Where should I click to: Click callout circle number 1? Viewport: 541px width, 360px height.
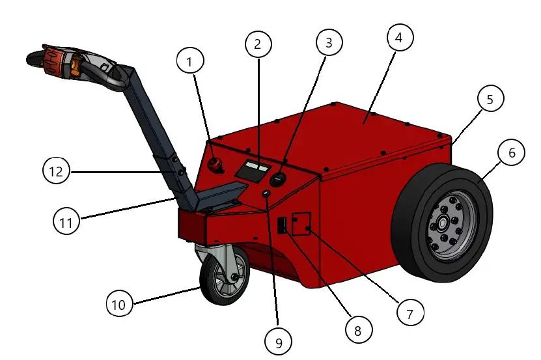point(190,62)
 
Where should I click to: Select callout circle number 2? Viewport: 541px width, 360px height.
point(258,44)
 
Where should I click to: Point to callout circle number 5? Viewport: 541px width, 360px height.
point(490,100)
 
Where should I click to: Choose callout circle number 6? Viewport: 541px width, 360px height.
point(511,153)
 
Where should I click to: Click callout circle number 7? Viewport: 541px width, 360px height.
point(409,313)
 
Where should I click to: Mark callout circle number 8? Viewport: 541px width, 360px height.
point(357,330)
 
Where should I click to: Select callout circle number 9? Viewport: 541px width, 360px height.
point(279,340)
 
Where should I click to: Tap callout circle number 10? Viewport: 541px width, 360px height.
point(120,303)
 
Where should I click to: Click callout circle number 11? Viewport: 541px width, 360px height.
point(66,221)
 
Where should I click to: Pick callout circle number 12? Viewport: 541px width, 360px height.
point(57,172)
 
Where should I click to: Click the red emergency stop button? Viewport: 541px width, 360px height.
point(215,163)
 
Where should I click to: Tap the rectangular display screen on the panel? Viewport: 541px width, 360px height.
point(253,171)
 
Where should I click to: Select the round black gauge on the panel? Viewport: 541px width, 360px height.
point(278,178)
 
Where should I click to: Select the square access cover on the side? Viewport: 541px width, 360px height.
point(301,225)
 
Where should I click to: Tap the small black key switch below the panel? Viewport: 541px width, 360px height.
point(266,195)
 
